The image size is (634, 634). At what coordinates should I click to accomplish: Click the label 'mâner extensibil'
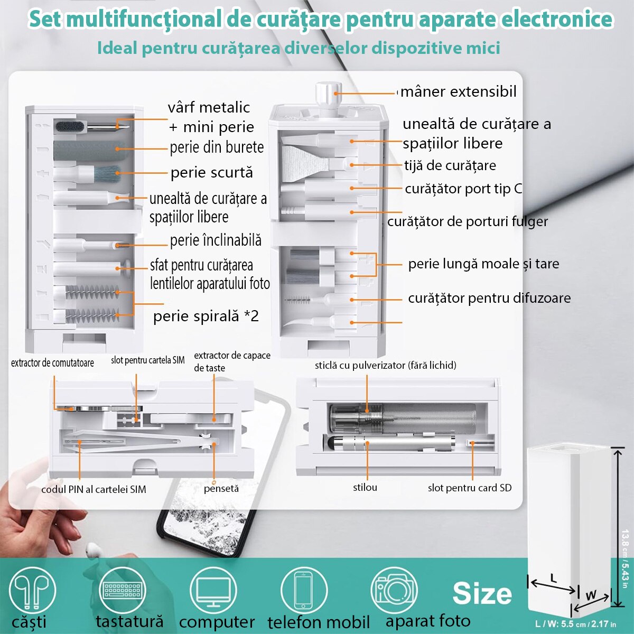(458, 91)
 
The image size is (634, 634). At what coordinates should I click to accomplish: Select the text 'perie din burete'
(217, 147)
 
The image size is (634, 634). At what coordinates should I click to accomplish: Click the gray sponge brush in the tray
(89, 150)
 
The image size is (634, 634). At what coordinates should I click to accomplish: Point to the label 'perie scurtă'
(212, 173)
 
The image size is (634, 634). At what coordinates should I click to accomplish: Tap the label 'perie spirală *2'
(206, 316)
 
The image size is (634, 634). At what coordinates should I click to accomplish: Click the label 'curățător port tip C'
(463, 189)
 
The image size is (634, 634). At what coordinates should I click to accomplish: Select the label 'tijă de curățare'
(450, 165)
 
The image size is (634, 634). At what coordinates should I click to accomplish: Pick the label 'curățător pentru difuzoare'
(489, 298)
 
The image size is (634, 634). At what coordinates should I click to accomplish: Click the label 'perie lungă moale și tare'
(483, 264)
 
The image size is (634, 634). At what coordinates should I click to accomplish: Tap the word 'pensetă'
(221, 489)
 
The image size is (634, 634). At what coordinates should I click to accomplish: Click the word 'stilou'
(365, 487)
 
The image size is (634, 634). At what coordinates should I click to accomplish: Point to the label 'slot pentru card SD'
(470, 488)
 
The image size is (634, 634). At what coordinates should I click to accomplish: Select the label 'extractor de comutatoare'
(52, 362)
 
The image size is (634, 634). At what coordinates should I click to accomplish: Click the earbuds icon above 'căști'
(32, 590)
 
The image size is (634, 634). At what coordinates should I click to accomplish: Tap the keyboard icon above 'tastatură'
(122, 590)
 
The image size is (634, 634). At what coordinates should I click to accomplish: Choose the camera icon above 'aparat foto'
(394, 590)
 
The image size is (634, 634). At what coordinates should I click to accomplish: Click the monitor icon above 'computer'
(213, 590)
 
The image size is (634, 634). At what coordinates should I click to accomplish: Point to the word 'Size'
(482, 593)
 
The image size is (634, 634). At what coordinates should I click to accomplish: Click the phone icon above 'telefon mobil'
(304, 590)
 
